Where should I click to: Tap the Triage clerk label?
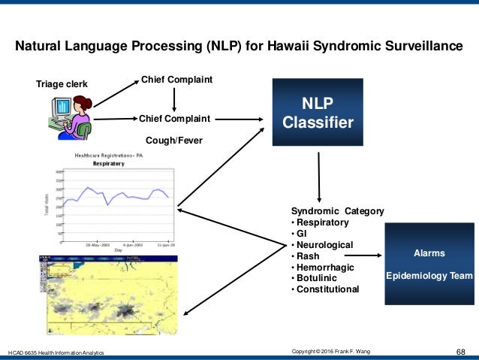point(62,84)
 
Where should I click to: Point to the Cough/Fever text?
point(173,140)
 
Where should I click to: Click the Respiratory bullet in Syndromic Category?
point(322,223)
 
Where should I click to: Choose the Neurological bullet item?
point(325,245)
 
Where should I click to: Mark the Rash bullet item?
point(309,256)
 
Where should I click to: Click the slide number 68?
point(461,351)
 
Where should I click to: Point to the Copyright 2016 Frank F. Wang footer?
point(336,351)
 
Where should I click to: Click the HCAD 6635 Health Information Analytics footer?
point(56,352)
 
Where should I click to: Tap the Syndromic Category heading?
point(337,212)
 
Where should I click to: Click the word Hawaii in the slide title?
point(275,47)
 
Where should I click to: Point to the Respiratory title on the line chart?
point(108,163)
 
